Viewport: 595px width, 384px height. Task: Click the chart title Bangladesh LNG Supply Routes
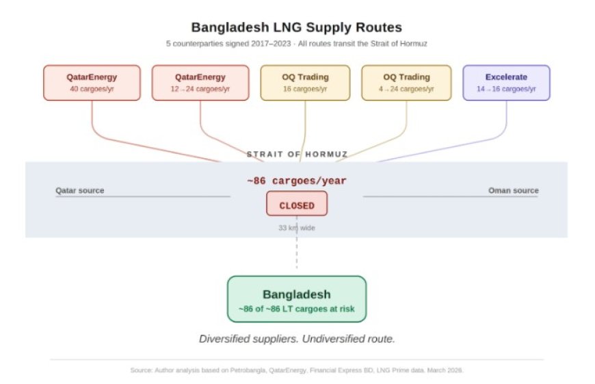[296, 28]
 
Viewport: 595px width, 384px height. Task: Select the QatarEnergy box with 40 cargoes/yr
[92, 83]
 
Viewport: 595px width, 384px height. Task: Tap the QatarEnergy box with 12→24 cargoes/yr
[200, 83]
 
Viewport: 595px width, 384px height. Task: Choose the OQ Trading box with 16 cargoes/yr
[305, 83]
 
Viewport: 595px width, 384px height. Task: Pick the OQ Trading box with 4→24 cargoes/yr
[406, 83]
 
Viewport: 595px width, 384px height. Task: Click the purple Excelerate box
[506, 83]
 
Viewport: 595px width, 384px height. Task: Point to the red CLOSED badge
[297, 205]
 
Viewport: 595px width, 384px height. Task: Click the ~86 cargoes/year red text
[297, 181]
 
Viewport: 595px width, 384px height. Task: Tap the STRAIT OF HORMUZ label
[297, 155]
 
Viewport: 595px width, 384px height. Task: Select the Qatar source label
[80, 190]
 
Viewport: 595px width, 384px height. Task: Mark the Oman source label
[513, 190]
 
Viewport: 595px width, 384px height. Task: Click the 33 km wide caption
[297, 227]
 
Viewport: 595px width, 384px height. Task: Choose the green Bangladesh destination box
[297, 298]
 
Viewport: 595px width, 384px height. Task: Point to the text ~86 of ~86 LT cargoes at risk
[297, 309]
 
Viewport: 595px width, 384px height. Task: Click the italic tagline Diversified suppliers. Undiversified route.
[297, 339]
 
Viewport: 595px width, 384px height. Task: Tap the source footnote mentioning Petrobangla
[297, 370]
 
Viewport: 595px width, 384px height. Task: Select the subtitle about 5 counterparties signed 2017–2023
[296, 44]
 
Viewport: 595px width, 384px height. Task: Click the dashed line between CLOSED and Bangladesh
[297, 257]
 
